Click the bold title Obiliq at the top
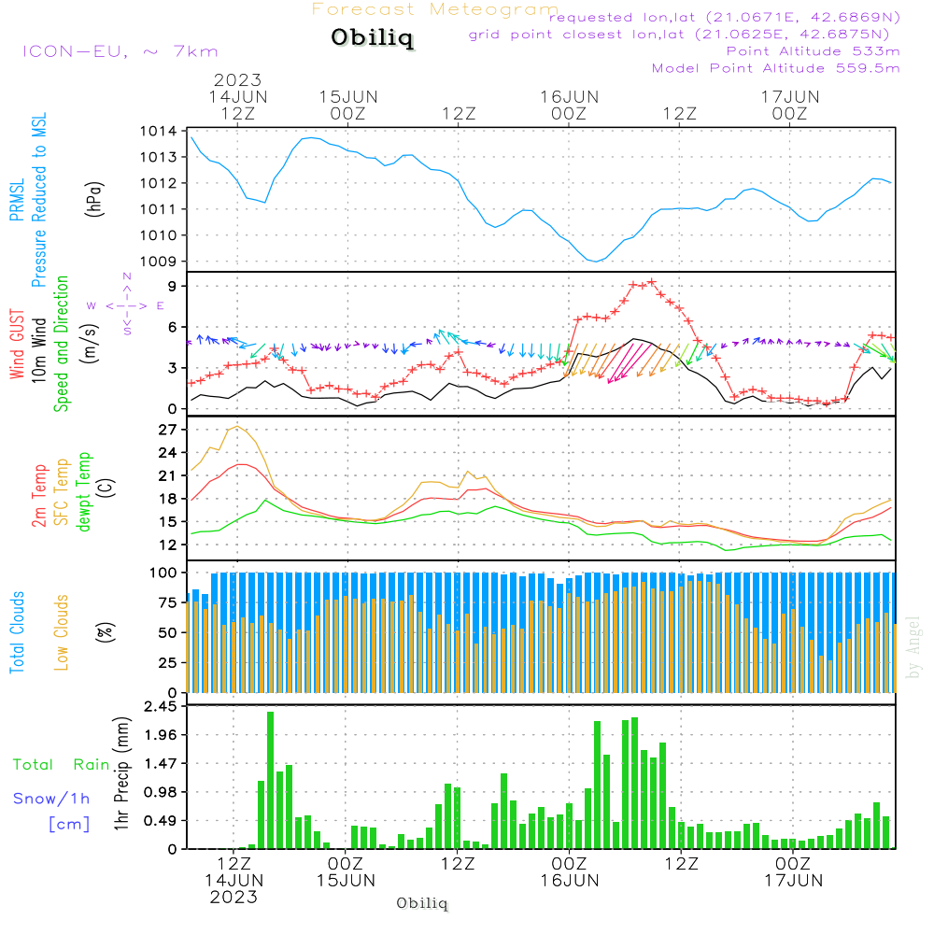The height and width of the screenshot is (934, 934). [x=372, y=38]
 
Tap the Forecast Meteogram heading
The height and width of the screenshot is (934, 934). [x=435, y=9]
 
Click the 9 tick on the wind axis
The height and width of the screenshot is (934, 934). [x=173, y=286]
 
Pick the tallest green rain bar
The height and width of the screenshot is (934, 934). [x=270, y=780]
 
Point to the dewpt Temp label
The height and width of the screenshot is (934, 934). [x=84, y=492]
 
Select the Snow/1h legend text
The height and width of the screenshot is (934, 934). [x=51, y=799]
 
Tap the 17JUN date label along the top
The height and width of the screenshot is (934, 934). [x=790, y=96]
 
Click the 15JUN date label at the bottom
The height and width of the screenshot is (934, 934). [x=347, y=880]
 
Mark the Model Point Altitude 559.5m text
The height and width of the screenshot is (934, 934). [x=775, y=68]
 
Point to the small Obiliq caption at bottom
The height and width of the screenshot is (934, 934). [x=422, y=903]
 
